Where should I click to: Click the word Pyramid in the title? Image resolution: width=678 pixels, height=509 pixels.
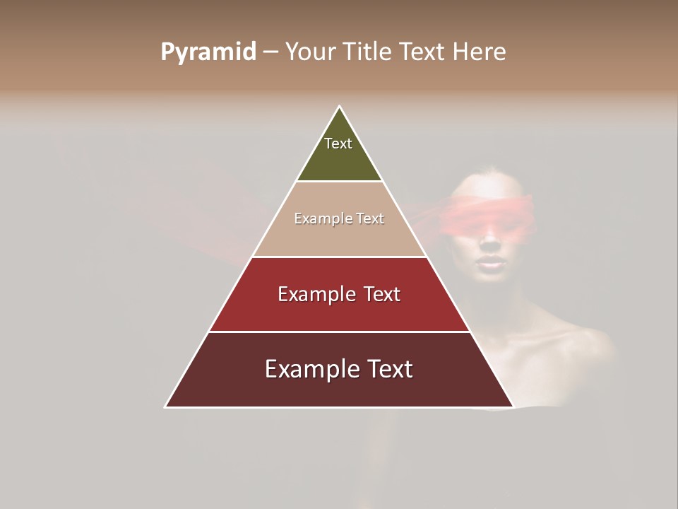click(208, 52)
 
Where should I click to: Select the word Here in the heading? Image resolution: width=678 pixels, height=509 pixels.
click(479, 52)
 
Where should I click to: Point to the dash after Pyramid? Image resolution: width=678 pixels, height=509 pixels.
click(270, 52)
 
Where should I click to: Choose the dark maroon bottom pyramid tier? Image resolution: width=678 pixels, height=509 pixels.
click(339, 389)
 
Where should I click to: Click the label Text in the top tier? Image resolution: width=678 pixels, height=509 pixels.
click(338, 144)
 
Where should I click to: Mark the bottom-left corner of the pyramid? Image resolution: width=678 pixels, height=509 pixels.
click(166, 406)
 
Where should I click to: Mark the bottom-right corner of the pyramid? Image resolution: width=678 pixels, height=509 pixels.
click(513, 406)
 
